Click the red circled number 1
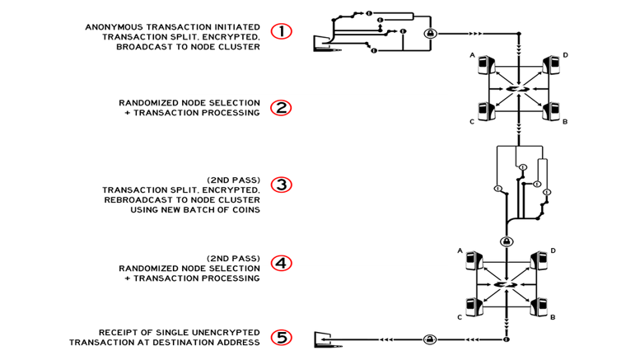tap(281, 31)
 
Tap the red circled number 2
tap(281, 108)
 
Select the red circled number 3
tap(281, 185)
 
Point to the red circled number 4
tap(281, 264)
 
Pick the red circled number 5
tap(281, 338)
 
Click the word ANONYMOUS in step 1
tap(114, 27)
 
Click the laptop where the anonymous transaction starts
tap(325, 44)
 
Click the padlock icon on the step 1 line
tap(430, 34)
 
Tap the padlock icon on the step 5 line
tap(429, 339)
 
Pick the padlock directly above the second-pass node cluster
tap(507, 241)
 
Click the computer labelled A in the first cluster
tap(486, 65)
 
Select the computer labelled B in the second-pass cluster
tap(539, 307)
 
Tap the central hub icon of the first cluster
tap(518, 89)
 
